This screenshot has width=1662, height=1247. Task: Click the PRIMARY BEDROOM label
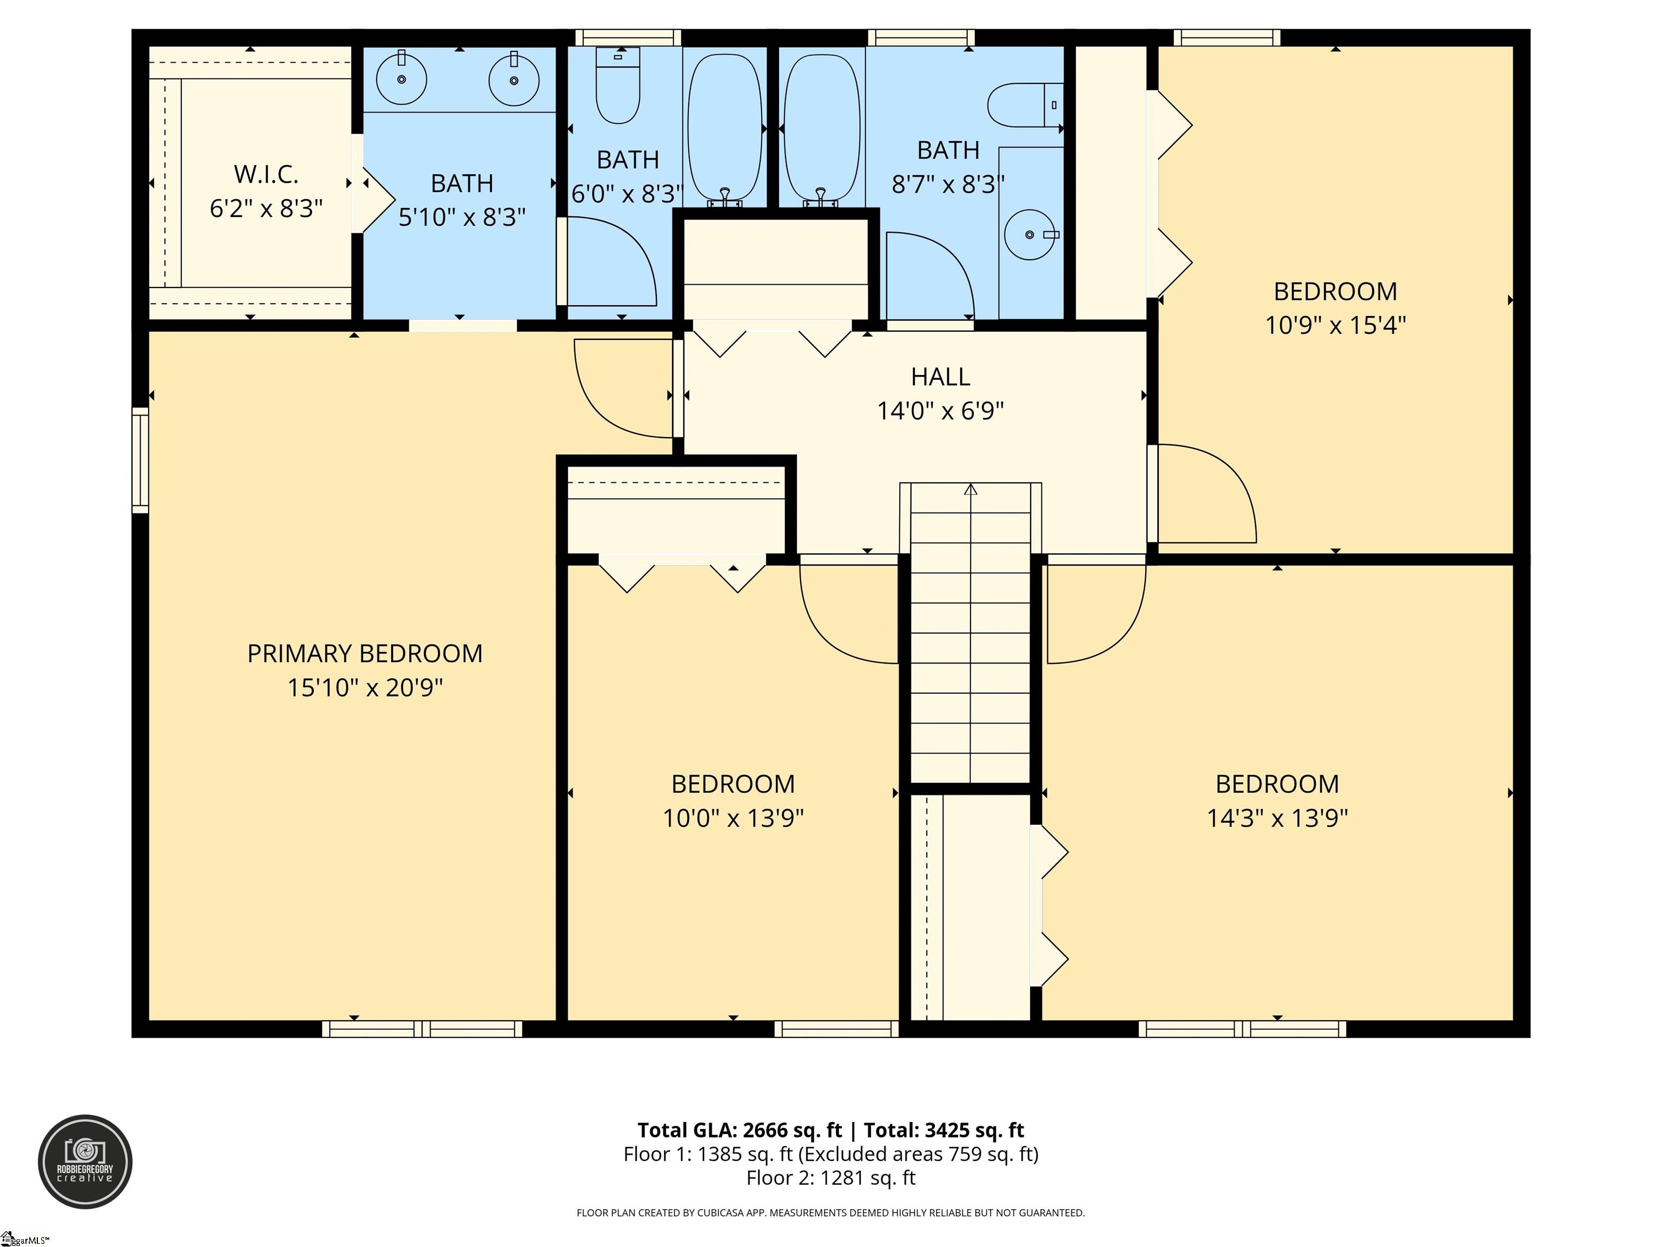click(x=365, y=653)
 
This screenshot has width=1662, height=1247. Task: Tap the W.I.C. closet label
click(x=266, y=174)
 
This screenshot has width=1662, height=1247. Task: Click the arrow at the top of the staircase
click(x=970, y=490)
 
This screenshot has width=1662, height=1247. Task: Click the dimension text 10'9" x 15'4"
click(x=1335, y=325)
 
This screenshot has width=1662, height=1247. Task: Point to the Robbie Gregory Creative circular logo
click(x=85, y=1161)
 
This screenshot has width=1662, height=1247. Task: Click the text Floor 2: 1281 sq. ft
click(x=830, y=1178)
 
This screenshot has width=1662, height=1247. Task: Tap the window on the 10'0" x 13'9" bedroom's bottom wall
click(x=836, y=1029)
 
